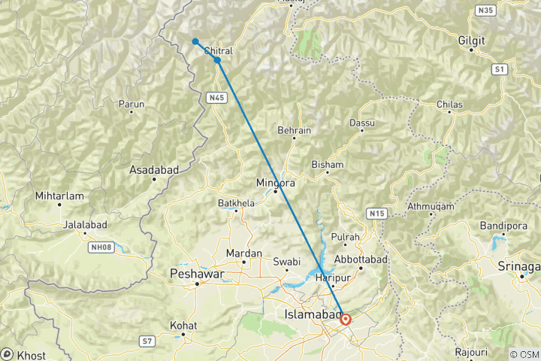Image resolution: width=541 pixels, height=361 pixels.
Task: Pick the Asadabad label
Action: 154,170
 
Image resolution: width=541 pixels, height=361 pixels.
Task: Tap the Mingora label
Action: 276,182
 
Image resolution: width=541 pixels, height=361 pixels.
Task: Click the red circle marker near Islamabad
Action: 345,319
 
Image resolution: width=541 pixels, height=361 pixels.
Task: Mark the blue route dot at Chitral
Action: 217,60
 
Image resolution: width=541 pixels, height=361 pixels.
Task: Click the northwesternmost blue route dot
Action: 195,41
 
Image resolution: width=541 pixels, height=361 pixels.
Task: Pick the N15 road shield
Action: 377,214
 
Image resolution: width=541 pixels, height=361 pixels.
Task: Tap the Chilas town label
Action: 449,104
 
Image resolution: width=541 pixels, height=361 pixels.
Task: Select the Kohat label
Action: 183,326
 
